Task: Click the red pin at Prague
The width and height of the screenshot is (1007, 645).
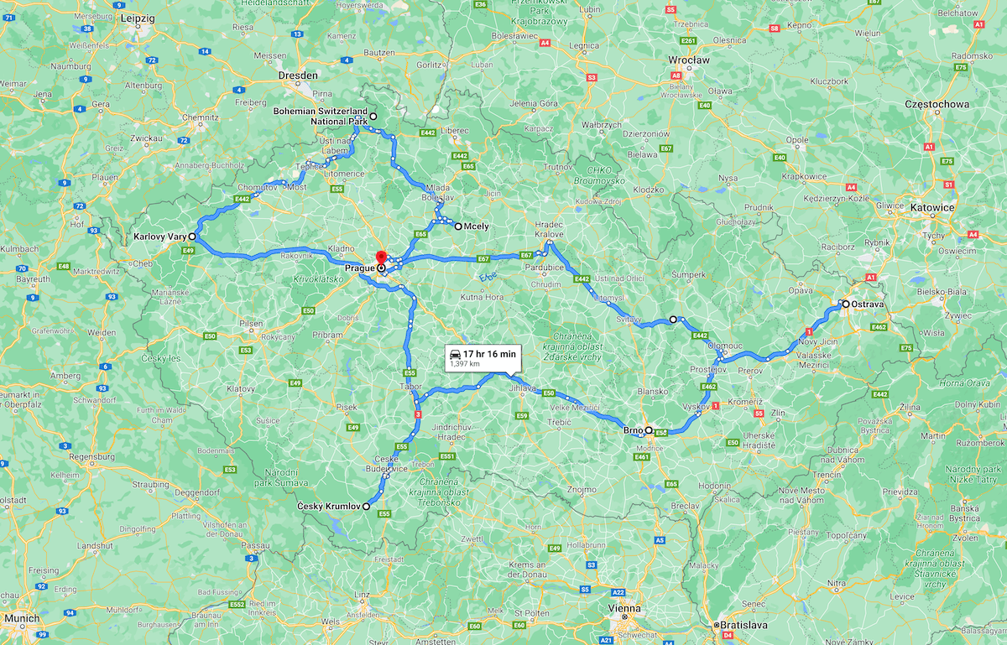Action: point(380,257)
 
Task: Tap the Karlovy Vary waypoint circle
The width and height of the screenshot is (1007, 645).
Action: point(192,237)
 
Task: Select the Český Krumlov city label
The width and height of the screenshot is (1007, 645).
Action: point(329,507)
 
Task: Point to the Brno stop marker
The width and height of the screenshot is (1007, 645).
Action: point(649,430)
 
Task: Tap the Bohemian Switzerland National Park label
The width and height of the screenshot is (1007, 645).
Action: point(321,117)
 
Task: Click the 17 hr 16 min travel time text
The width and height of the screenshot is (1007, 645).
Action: point(490,354)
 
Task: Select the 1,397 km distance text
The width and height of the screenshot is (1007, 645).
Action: point(464,364)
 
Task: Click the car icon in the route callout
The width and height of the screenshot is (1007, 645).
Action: point(455,354)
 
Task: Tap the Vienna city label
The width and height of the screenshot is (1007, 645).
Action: point(624,608)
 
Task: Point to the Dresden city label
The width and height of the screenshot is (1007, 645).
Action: point(298,75)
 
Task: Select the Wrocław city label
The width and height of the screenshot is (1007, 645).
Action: point(689,60)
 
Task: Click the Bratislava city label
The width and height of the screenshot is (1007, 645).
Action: point(743,625)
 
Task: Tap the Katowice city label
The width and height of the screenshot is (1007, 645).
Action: point(932,206)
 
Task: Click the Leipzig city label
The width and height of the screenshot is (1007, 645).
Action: point(138,17)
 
